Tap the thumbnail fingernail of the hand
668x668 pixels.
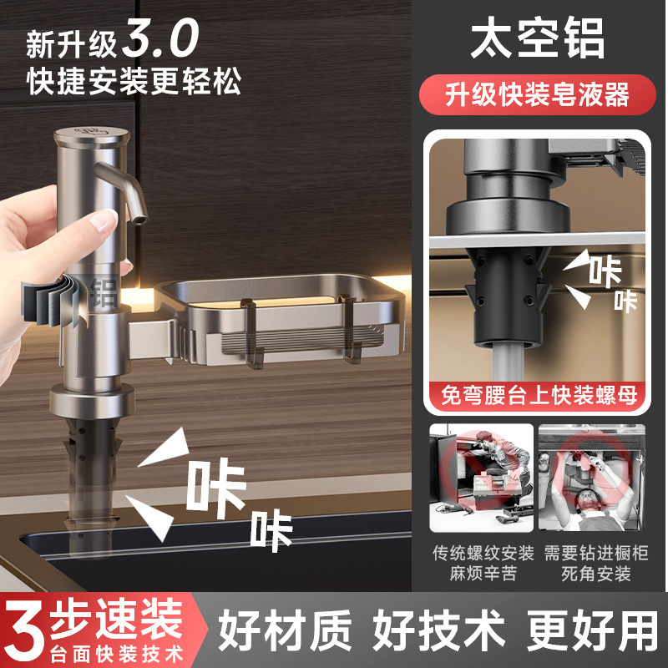pyautogui.click(x=104, y=221)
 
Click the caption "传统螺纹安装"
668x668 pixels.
pyautogui.click(x=482, y=553)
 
